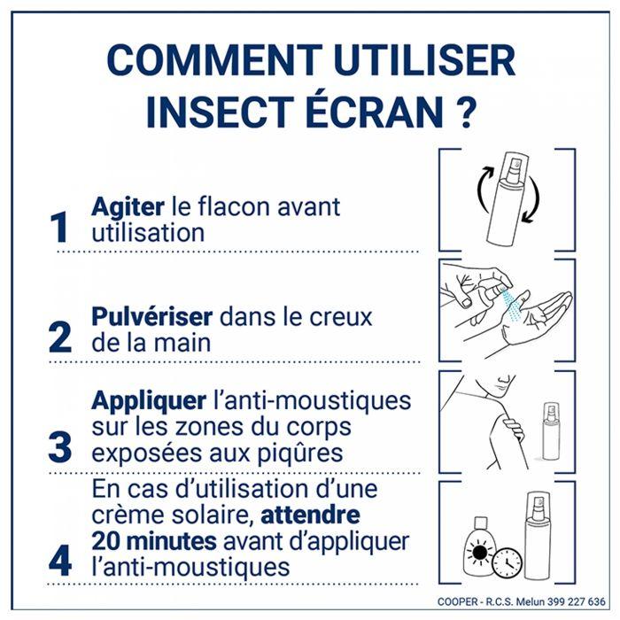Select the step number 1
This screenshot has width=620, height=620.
point(59,228)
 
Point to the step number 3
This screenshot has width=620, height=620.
point(59,447)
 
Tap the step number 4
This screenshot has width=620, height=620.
point(59,560)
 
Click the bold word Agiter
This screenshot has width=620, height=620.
point(128,207)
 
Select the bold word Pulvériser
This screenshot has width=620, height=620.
point(151,317)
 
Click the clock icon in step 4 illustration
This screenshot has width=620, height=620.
point(506,562)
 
